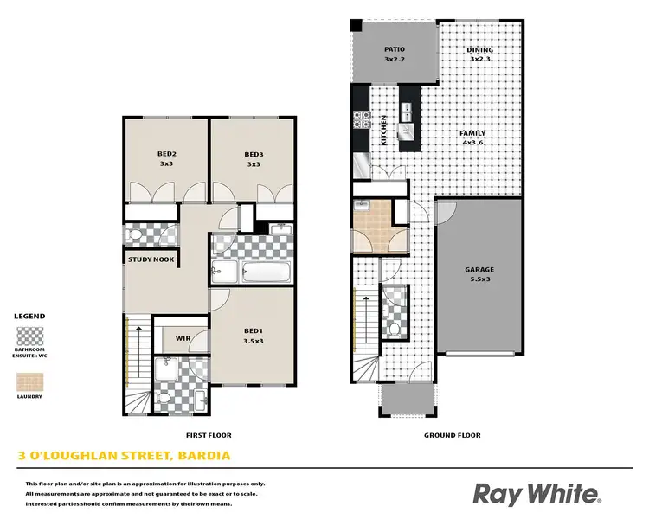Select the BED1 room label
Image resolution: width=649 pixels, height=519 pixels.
coord(254,330)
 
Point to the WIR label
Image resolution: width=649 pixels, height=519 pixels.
coord(183,338)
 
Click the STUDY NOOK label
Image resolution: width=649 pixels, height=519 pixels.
coord(151,259)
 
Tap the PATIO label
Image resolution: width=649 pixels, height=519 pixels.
coord(395,49)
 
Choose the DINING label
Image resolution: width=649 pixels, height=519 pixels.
coord(479,50)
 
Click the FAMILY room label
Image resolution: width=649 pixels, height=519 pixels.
coord(472,133)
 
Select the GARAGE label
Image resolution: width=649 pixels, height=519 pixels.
coord(479,270)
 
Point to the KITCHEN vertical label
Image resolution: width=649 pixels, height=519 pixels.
coord(383,130)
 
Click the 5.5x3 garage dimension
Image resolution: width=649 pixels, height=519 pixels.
coord(479,280)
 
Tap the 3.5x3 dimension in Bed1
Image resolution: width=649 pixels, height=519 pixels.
coord(254,341)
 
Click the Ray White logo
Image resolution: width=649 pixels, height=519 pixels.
coord(537,494)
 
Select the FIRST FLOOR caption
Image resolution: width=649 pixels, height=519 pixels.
coord(209,435)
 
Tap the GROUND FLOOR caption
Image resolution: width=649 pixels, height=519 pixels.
coord(452,435)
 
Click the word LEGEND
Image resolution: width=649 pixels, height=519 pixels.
coord(29,317)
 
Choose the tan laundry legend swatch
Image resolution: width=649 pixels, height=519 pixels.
coord(29,381)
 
